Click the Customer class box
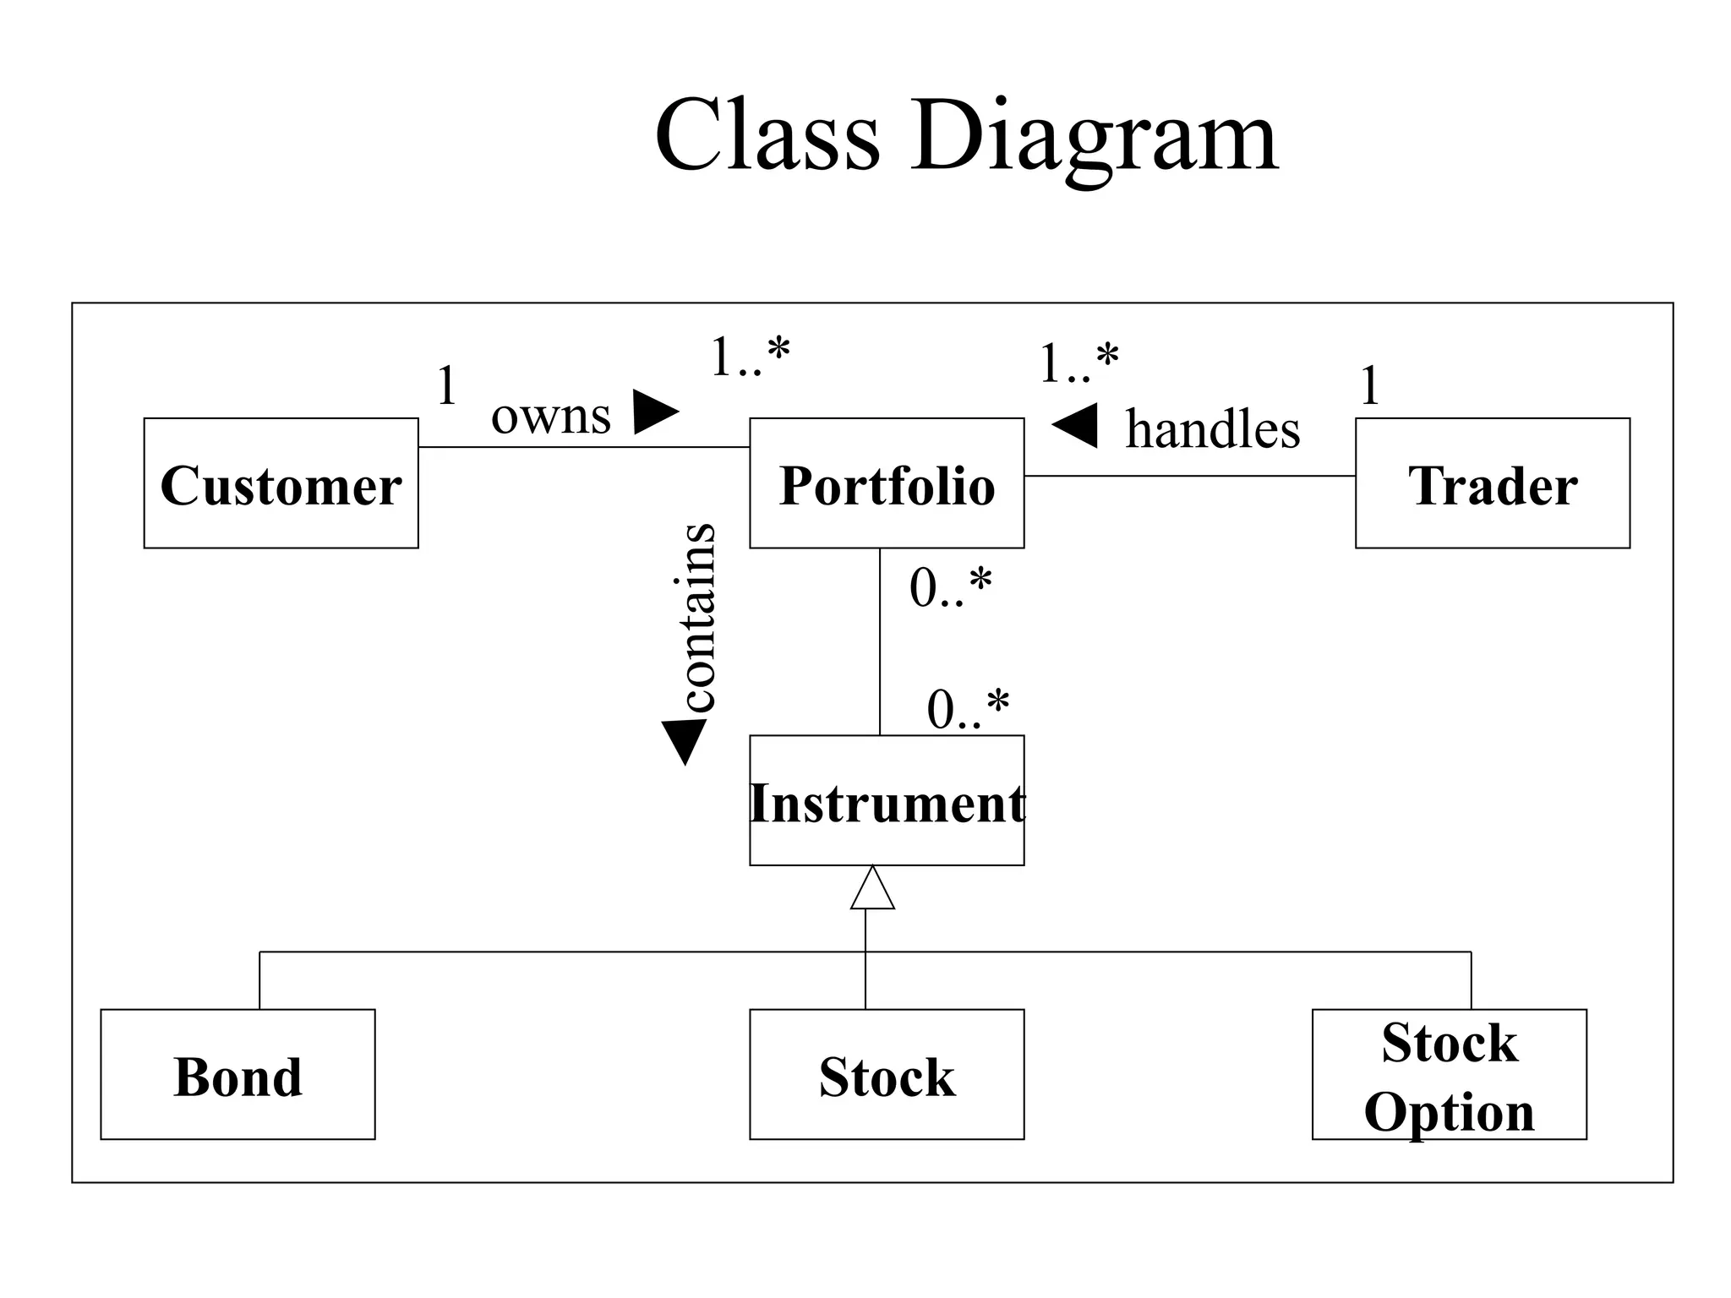click(x=281, y=483)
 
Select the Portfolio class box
click(x=887, y=483)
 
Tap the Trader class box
click(x=1492, y=483)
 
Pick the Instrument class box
click(x=887, y=800)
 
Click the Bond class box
click(x=238, y=1074)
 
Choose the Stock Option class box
click(x=1449, y=1074)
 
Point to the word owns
click(x=550, y=416)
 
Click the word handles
click(x=1212, y=429)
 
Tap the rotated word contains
click(x=698, y=618)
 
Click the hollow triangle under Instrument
click(x=872, y=890)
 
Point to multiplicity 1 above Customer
click(x=446, y=385)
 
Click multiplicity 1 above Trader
click(x=1370, y=385)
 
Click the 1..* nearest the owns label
click(x=750, y=357)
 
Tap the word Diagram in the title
click(x=1094, y=135)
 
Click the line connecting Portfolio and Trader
click(x=1189, y=476)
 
